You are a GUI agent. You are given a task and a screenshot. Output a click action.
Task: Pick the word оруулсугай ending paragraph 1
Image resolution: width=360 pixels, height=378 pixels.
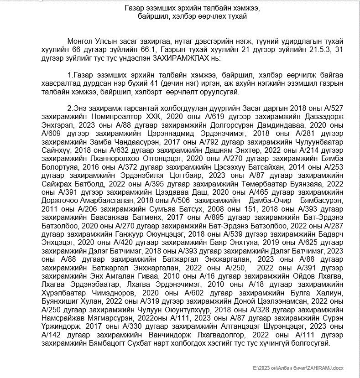click(221, 92)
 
